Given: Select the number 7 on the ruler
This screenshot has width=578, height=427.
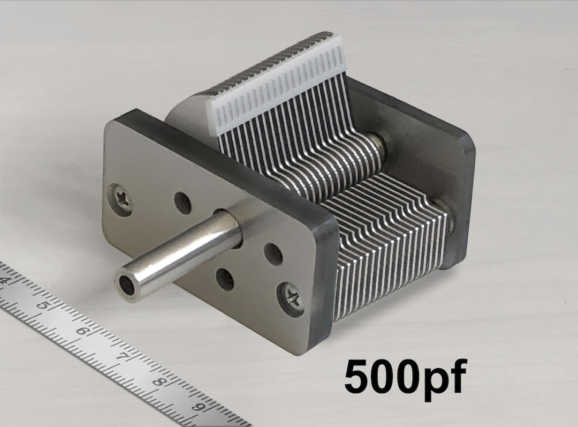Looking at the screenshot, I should coord(123,356).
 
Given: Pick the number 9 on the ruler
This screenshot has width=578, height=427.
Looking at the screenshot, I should coord(200,407).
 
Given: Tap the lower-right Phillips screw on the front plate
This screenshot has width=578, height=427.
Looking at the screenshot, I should coord(292,297).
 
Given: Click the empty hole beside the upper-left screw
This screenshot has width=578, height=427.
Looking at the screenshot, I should coord(184,203).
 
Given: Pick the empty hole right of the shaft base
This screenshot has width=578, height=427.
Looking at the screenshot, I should coord(273,254).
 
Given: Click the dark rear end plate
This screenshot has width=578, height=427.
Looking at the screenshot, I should coord(455,161).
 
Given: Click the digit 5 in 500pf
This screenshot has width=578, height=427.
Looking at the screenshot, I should coord(359,376).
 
